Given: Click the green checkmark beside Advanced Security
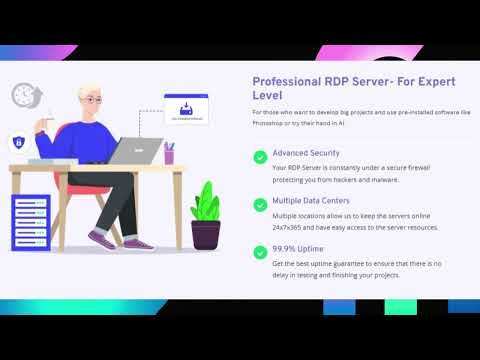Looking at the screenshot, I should click(x=259, y=156).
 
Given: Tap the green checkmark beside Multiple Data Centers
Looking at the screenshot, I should click(x=259, y=203).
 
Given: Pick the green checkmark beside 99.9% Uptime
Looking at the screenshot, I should click(x=259, y=251).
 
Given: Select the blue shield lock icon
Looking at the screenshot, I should click(x=19, y=141).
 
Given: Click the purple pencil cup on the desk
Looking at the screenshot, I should click(x=169, y=156).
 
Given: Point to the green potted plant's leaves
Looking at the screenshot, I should click(x=206, y=200).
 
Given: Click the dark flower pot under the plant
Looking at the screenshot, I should click(x=206, y=234).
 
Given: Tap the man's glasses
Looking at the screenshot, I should click(x=93, y=101).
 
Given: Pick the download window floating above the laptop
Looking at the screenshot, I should click(x=187, y=110).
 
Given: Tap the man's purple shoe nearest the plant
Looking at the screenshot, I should click(x=138, y=243).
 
